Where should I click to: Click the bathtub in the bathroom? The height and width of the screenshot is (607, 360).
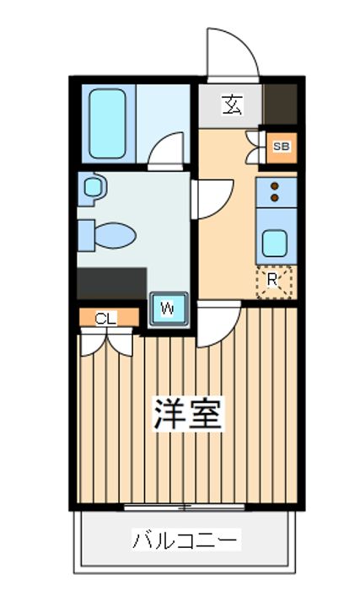[x=108, y=123]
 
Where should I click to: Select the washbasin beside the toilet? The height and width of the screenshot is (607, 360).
[x=92, y=189]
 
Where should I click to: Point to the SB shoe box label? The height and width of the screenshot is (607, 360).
[x=282, y=147]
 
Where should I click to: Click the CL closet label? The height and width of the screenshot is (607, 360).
[x=105, y=319]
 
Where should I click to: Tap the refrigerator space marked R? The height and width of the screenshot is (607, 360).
[x=274, y=282]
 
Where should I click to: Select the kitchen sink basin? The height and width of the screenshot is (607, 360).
[x=275, y=243]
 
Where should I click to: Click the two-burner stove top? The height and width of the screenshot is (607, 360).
[x=277, y=192]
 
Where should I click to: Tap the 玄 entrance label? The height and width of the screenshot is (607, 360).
[x=232, y=105]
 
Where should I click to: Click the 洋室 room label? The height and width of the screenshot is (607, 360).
[x=188, y=413]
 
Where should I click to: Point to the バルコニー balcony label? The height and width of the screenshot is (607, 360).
[x=185, y=540]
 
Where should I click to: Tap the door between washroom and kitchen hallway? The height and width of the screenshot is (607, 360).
[x=212, y=199]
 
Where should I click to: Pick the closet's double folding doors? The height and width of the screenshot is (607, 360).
[x=107, y=341]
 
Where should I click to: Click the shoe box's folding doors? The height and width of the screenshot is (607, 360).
[x=255, y=148]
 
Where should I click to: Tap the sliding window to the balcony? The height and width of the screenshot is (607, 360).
[x=185, y=507]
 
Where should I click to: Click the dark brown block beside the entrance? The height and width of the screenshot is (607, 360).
[x=281, y=105]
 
